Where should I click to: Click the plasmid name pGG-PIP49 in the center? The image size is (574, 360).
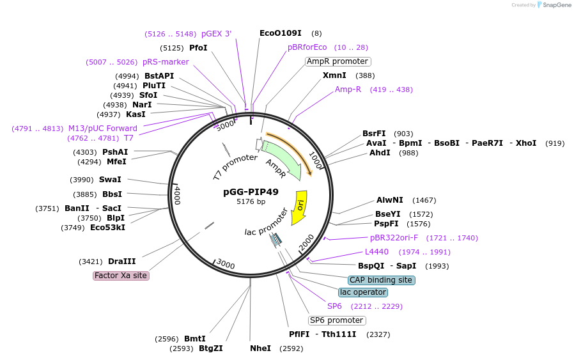tap(251, 191)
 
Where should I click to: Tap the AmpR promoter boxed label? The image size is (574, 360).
tap(337, 61)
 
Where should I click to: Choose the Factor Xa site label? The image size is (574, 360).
tap(121, 276)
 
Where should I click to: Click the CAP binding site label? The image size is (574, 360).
tap(381, 280)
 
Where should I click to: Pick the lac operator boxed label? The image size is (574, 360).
tap(362, 292)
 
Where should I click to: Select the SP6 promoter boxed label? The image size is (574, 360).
tap(336, 320)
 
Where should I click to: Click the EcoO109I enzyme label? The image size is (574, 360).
tap(280, 33)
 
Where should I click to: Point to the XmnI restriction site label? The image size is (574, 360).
tap(334, 75)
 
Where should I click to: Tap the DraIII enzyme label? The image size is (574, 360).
tap(121, 262)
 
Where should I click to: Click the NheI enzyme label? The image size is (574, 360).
tap(260, 348)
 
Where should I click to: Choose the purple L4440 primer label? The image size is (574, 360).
tap(376, 252)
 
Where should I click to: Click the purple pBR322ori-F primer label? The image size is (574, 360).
tap(394, 238)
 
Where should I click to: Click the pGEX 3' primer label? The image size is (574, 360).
tap(217, 34)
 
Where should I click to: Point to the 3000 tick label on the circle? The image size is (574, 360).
tap(226, 263)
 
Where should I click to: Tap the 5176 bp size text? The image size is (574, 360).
tap(251, 202)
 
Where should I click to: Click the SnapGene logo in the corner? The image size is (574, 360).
tap(554, 5)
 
